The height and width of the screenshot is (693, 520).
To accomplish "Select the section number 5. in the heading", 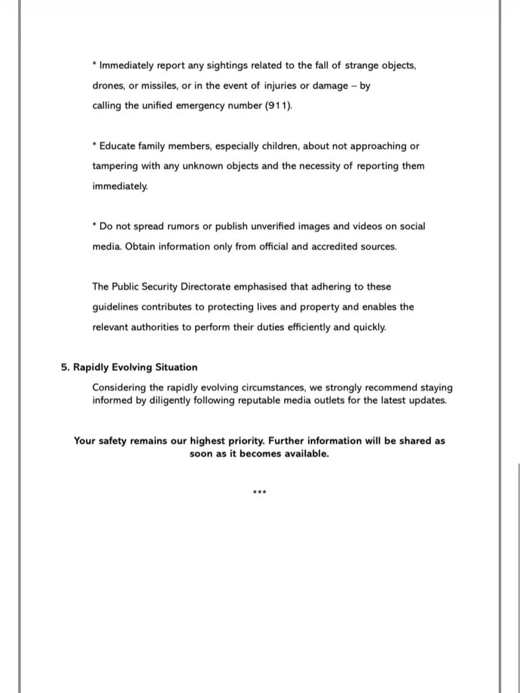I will [65, 367].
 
